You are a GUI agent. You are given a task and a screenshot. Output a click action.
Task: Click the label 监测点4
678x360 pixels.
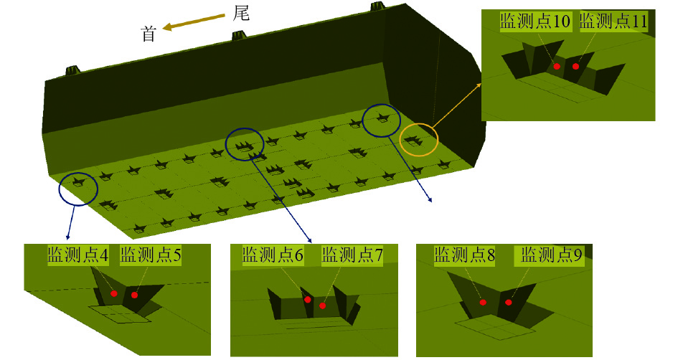coord(78,255)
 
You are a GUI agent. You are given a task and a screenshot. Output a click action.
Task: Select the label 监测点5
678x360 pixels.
coord(151,255)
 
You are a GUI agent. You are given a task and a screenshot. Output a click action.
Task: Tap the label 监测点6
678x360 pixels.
coord(273,255)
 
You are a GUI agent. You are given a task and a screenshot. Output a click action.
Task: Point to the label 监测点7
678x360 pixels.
coord(352,255)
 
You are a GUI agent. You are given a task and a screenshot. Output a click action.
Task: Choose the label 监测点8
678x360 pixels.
coord(465,255)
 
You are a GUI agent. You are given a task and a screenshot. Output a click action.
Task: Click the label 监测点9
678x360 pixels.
coord(551,255)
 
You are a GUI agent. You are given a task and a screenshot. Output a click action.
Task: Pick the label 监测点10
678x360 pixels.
coord(535,21)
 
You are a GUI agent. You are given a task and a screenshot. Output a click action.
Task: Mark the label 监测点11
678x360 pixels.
coord(613,21)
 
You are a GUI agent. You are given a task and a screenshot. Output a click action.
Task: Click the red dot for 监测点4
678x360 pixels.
coord(113,294)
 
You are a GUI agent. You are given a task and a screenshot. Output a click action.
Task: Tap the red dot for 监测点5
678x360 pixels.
coord(134,295)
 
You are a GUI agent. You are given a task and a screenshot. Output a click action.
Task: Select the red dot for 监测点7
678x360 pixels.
coord(323,305)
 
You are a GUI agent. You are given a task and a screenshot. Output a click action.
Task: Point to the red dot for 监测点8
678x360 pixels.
coord(483,302)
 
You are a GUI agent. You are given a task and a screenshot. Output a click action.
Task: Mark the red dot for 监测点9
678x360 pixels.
coord(508,302)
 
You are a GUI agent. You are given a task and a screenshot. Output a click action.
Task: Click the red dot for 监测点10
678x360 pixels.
coord(557,66)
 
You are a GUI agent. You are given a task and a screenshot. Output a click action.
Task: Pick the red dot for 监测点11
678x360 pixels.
coord(575,67)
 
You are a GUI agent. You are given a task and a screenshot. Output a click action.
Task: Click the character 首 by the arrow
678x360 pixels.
coord(149,34)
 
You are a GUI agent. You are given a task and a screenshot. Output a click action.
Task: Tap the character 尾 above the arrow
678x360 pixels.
coord(241,14)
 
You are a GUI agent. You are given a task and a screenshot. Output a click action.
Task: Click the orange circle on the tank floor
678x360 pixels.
coord(418,139)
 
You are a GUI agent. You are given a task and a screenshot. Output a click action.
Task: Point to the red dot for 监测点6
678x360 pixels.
coord(307,300)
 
